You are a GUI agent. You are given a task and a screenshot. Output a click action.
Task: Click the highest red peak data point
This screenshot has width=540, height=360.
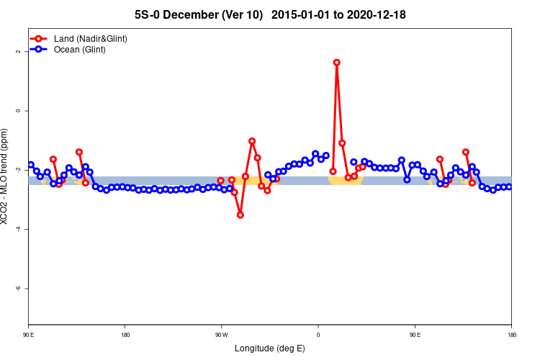pyautogui.click(x=336, y=63)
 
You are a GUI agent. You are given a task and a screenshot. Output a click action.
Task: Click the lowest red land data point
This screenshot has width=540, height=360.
pyautogui.click(x=240, y=215)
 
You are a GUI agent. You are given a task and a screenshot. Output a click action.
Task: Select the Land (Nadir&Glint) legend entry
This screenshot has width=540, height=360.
pyautogui.click(x=90, y=38)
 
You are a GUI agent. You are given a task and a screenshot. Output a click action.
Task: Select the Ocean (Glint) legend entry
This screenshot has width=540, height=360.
pyautogui.click(x=79, y=50)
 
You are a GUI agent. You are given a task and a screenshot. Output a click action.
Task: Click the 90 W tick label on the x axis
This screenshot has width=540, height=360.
pyautogui.click(x=221, y=335)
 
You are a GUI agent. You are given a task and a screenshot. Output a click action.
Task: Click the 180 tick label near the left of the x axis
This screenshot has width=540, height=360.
pyautogui.click(x=125, y=335)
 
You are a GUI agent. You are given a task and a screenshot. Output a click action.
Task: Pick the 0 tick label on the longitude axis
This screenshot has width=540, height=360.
pyautogui.click(x=318, y=335)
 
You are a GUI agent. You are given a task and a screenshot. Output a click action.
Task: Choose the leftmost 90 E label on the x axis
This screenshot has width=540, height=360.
pyautogui.click(x=28, y=335)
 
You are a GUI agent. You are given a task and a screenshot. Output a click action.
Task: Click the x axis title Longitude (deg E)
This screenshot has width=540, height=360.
pyautogui.click(x=269, y=348)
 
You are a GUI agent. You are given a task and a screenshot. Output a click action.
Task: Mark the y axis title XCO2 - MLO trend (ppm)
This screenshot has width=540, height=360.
pyautogui.click(x=6, y=176)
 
